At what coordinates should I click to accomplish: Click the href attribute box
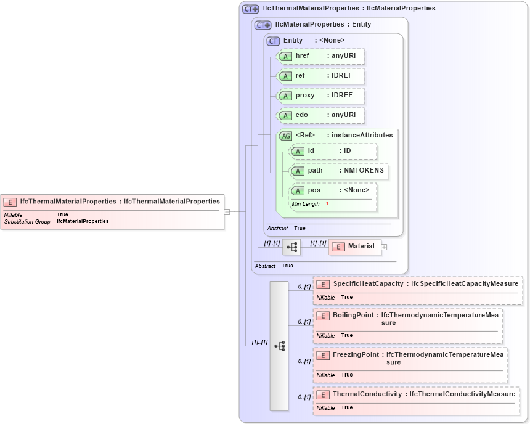pos(320,56)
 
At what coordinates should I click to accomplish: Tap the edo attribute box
pos(320,115)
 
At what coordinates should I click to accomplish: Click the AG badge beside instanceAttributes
pos(286,136)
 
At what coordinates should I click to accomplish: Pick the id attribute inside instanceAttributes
pos(333,151)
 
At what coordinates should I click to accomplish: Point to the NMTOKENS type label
pos(364,171)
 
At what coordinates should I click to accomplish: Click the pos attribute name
pos(314,190)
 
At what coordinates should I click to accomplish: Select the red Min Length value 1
pos(327,204)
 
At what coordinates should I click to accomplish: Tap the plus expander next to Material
pos(384,247)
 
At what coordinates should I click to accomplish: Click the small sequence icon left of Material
pos(291,247)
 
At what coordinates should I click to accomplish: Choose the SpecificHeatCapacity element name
pos(368,283)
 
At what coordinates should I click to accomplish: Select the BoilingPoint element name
pos(353,315)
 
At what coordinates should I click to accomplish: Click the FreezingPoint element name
pos(356,354)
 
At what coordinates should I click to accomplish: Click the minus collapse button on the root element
pos(227,211)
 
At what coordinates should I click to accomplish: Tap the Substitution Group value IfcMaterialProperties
pos(83,221)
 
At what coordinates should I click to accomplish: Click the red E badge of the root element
pos(10,202)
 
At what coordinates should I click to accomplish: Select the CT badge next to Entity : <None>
pos(273,41)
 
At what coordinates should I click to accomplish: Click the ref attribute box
pos(320,76)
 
